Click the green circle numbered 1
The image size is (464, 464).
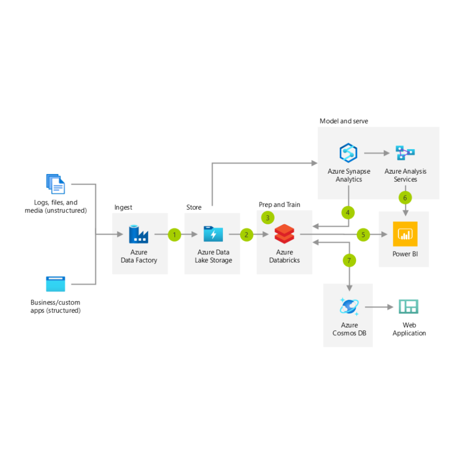coord(174,235)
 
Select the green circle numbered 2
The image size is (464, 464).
coord(246,235)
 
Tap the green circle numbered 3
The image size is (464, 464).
coord(268,218)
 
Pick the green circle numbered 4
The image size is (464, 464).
coord(348,212)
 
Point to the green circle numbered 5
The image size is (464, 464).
coord(363,235)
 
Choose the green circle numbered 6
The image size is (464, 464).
coord(405,198)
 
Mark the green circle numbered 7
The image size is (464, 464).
coord(349,261)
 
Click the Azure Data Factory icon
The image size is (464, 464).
coord(139,234)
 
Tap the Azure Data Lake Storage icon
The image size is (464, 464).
coord(213,234)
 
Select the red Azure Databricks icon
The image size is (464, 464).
coord(284,234)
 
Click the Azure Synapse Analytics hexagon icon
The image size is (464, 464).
coord(348,153)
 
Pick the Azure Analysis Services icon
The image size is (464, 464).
coord(405,153)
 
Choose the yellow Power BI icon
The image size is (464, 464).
coord(405,234)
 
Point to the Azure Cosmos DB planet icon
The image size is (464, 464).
coord(349,307)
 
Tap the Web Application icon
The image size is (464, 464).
coord(408,307)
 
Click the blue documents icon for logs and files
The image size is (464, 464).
coord(56,184)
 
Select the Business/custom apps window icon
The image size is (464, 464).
coord(56,284)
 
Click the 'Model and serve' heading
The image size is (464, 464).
coord(344,121)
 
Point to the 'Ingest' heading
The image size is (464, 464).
coord(123,208)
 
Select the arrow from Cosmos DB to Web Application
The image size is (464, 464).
coord(379,307)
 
